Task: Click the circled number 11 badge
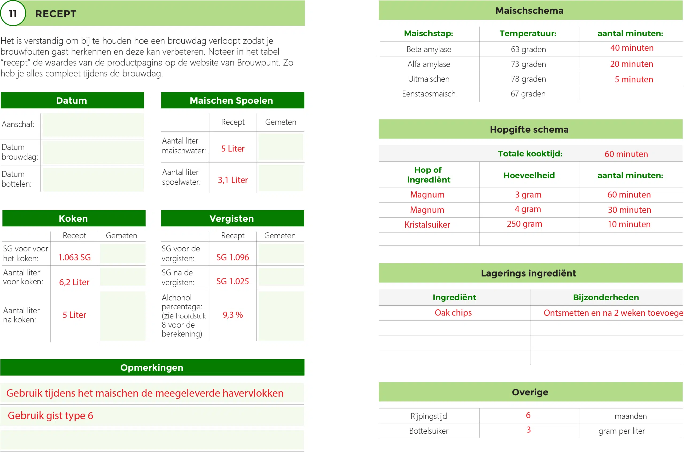tap(13, 13)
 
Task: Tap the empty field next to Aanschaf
tap(93, 125)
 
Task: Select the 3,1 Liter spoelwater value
tap(233, 180)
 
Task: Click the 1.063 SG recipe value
tap(74, 257)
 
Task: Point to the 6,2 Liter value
tap(74, 282)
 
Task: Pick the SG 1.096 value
tap(233, 257)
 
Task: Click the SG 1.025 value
tap(233, 281)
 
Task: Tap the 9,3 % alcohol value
tap(233, 315)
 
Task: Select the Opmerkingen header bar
tap(152, 368)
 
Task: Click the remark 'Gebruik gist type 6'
tap(50, 416)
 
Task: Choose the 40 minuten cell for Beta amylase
tap(632, 48)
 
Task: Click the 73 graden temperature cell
tap(528, 64)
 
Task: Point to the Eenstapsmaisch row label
tap(429, 94)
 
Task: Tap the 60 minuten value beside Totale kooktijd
tap(626, 154)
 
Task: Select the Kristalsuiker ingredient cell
tap(427, 225)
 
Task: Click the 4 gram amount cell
tap(528, 209)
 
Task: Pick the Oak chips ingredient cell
tap(453, 313)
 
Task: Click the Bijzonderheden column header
tap(606, 297)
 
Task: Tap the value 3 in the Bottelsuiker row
tap(528, 430)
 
